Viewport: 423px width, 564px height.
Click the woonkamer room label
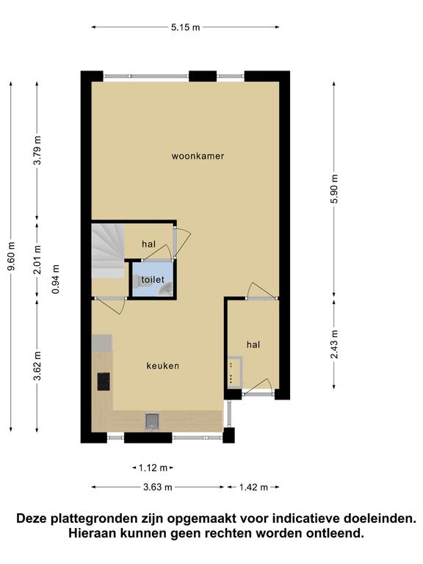pyautogui.click(x=198, y=156)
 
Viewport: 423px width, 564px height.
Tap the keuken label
pyautogui.click(x=162, y=366)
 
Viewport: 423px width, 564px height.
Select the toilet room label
pyautogui.click(x=153, y=280)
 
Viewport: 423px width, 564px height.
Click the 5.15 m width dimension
pyautogui.click(x=185, y=27)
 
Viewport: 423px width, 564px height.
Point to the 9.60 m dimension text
pyautogui.click(x=12, y=256)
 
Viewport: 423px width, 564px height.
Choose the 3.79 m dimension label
pyautogui.click(x=37, y=150)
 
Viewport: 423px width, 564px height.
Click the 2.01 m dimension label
pyautogui.click(x=37, y=259)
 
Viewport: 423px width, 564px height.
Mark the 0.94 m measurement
pyautogui.click(x=56, y=279)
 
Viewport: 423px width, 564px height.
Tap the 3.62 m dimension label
pyautogui.click(x=37, y=366)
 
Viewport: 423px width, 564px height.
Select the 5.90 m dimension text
pyautogui.click(x=335, y=189)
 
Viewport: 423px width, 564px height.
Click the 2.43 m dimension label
pyautogui.click(x=335, y=344)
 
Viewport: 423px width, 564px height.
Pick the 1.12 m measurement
pyautogui.click(x=153, y=468)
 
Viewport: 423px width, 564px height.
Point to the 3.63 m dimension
pyautogui.click(x=158, y=488)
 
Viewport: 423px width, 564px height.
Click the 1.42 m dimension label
pyautogui.click(x=253, y=488)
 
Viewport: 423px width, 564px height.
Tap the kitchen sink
pyautogui.click(x=152, y=421)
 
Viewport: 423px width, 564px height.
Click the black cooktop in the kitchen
pyautogui.click(x=104, y=382)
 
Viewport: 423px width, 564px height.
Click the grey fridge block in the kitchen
pyautogui.click(x=102, y=343)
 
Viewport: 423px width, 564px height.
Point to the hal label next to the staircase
pyautogui.click(x=149, y=245)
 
